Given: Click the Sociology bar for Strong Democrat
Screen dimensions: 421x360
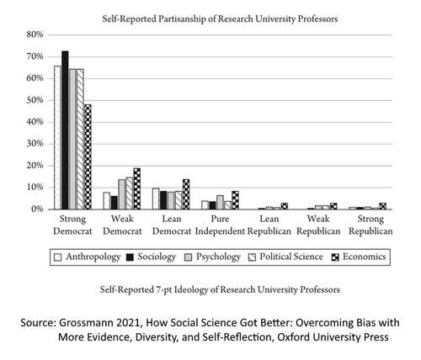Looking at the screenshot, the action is (65, 130).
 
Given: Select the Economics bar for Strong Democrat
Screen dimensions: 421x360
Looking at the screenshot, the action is (88, 156).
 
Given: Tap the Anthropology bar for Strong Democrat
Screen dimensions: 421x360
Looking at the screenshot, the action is (57, 137).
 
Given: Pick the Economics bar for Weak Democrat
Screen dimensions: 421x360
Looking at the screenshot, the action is (137, 188).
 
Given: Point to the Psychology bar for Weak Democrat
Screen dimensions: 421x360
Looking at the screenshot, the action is (122, 194).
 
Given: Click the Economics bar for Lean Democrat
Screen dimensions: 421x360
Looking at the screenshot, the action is (186, 194).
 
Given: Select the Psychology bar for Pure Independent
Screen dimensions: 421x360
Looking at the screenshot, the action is (220, 202).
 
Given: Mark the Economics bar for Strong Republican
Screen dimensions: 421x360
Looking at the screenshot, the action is (382, 206).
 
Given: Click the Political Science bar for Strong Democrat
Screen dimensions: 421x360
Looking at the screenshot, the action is (80, 139).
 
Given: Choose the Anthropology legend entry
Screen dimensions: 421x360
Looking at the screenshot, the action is (88, 257).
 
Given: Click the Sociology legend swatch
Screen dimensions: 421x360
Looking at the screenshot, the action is (130, 257).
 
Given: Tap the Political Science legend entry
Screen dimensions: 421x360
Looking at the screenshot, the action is (285, 257).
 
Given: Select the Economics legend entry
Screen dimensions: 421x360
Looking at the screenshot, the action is (359, 257).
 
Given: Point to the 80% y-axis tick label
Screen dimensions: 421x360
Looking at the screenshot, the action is (35, 34).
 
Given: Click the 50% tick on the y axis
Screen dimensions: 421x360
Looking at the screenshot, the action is (35, 100).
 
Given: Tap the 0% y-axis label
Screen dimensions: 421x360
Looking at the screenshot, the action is (37, 209).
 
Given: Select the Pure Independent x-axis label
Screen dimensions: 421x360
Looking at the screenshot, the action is (220, 225).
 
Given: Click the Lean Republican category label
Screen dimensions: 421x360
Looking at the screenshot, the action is (269, 225).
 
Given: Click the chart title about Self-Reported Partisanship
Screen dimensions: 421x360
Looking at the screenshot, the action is (220, 19).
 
